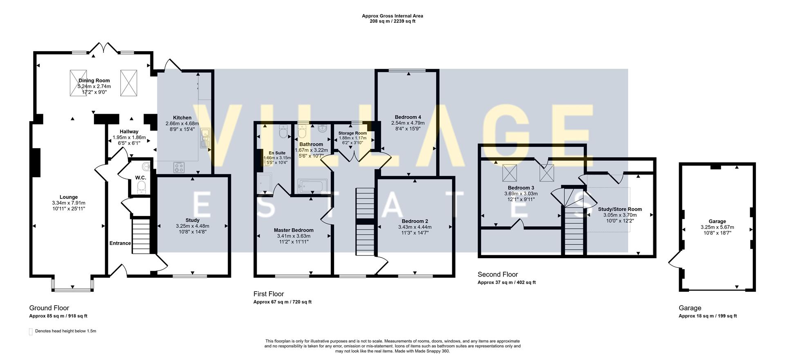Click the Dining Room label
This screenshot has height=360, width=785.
click(94, 81)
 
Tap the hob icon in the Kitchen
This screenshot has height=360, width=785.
click(179, 167)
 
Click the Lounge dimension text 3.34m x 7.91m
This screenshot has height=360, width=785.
click(69, 203)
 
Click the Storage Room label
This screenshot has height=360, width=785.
click(352, 133)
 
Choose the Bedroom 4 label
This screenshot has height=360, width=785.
click(408, 117)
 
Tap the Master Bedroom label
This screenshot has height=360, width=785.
click(294, 230)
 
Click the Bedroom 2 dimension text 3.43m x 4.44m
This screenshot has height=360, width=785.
click(415, 227)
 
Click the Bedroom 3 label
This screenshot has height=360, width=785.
click(521, 188)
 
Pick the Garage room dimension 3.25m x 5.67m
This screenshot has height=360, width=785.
click(717, 227)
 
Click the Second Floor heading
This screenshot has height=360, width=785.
click(498, 274)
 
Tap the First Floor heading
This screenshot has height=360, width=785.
click(268, 294)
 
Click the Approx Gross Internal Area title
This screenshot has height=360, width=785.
click(392, 16)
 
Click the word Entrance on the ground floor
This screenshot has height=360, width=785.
click(120, 243)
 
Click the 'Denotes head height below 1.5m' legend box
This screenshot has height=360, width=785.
click(31, 331)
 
